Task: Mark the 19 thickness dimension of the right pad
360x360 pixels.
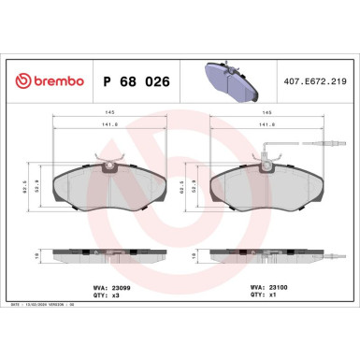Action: (x=197, y=253)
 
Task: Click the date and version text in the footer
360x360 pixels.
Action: (x=47, y=304)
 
